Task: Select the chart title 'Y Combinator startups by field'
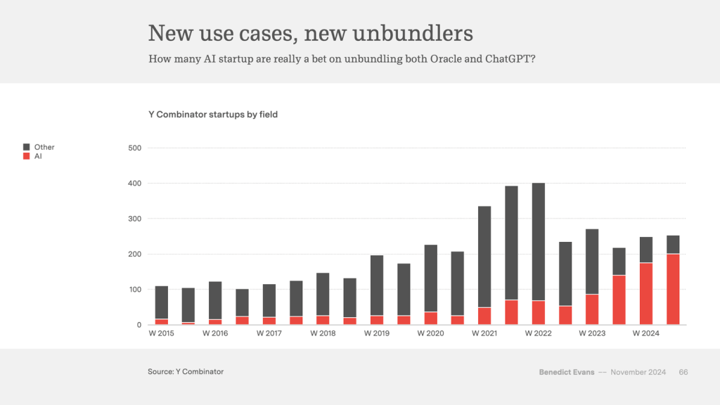coord(213,114)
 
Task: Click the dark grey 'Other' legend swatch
coord(27,147)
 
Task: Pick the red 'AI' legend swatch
coord(27,155)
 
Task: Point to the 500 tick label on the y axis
coord(135,148)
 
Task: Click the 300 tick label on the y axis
coord(135,219)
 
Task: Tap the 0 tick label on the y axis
coord(139,325)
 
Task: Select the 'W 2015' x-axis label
coord(161,333)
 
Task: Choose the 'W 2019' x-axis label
coord(377,333)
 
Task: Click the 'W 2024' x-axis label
coord(645,333)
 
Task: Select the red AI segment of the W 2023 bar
coord(592,309)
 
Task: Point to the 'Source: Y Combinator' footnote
coord(186,371)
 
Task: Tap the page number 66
coord(683,372)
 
